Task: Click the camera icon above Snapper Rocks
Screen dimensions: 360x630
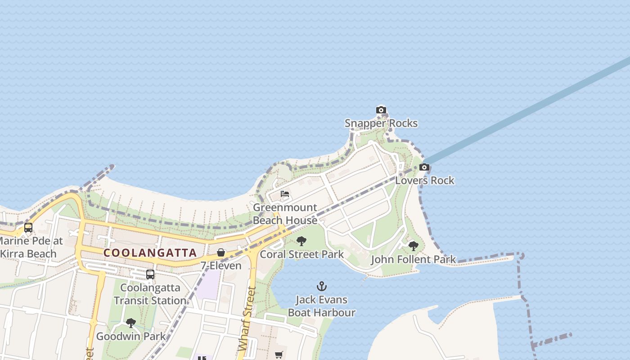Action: click(x=381, y=110)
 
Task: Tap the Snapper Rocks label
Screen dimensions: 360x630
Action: click(x=381, y=123)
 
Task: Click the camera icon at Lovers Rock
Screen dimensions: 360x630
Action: click(x=424, y=167)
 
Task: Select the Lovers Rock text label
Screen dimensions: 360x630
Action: click(x=425, y=180)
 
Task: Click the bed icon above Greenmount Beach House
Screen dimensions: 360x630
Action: click(x=285, y=194)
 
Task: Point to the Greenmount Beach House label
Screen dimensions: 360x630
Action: click(x=285, y=214)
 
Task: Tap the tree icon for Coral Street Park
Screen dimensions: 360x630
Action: click(x=301, y=241)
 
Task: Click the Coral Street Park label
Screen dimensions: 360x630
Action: click(x=302, y=254)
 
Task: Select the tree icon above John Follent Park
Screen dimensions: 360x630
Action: click(x=413, y=246)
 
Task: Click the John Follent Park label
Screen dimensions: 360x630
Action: click(x=413, y=260)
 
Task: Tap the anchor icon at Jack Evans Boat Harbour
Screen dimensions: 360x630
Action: click(x=321, y=286)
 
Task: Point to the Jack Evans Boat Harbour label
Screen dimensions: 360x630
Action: click(x=321, y=306)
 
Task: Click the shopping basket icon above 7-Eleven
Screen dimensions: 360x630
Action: click(x=221, y=252)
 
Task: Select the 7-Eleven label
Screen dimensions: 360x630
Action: click(x=221, y=265)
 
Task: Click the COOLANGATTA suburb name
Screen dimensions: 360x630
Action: click(x=150, y=253)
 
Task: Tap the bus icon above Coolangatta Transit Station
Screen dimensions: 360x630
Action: click(x=150, y=274)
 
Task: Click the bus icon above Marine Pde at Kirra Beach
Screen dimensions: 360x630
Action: click(x=28, y=228)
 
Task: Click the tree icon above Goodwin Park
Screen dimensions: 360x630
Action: click(x=131, y=323)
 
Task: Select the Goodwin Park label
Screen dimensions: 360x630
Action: click(x=131, y=336)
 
